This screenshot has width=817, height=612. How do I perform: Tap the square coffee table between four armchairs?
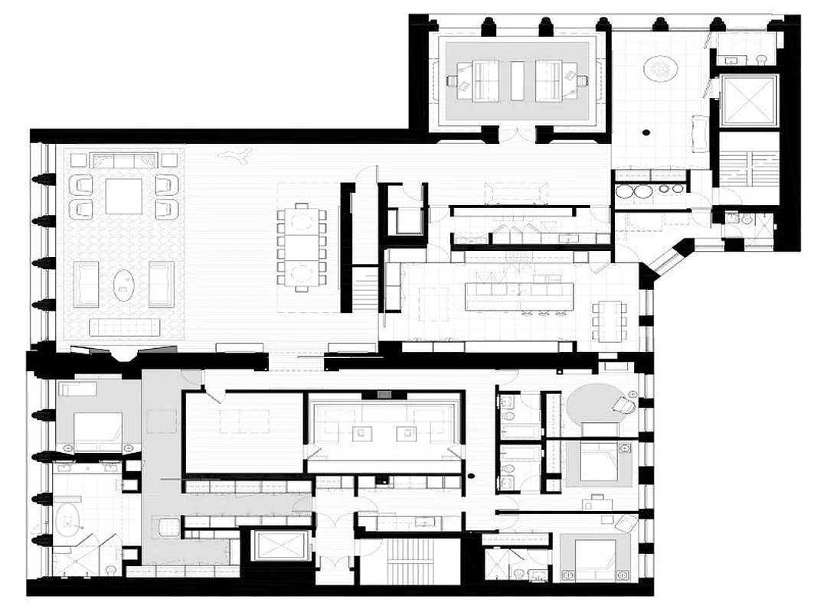click(x=123, y=196)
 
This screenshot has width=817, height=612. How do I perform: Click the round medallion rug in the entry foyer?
click(x=660, y=69)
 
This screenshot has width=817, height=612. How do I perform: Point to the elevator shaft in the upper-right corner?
click(x=747, y=101)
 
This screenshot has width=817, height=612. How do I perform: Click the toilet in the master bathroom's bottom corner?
click(x=110, y=568)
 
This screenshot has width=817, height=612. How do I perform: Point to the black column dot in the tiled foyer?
click(x=647, y=132)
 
